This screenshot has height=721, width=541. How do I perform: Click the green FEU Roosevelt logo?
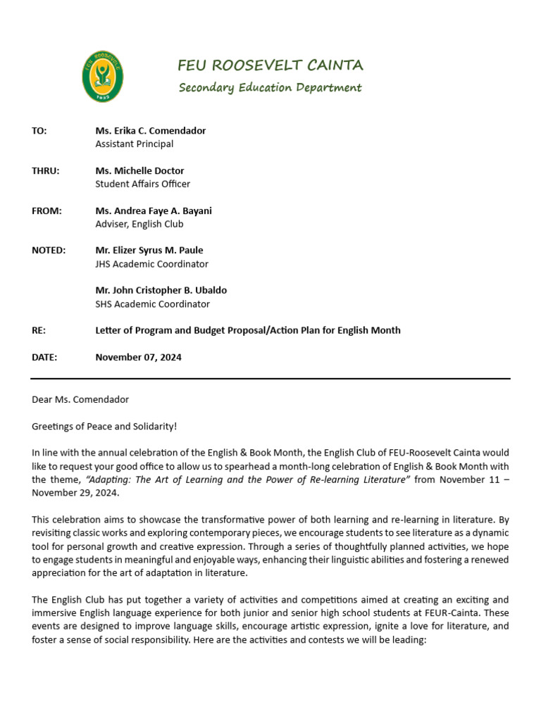pyautogui.click(x=103, y=77)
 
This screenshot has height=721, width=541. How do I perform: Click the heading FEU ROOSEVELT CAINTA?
pyautogui.click(x=270, y=65)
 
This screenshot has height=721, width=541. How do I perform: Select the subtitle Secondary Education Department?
pyautogui.click(x=270, y=88)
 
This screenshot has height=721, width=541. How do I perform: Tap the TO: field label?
pyautogui.click(x=39, y=131)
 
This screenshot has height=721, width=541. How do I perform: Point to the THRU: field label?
pyautogui.click(x=45, y=170)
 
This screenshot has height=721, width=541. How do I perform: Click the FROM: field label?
pyautogui.click(x=46, y=211)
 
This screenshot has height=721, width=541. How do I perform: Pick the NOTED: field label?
pyautogui.click(x=49, y=250)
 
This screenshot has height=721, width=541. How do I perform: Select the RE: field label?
pyautogui.click(x=39, y=330)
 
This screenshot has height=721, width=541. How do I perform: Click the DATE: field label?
pyautogui.click(x=44, y=357)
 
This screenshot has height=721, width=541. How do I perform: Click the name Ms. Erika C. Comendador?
pyautogui.click(x=151, y=131)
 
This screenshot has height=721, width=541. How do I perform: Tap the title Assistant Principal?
pyautogui.click(x=134, y=144)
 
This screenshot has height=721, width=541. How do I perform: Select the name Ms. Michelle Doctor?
pyautogui.click(x=139, y=170)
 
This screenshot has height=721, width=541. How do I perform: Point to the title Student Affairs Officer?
pyautogui.click(x=143, y=184)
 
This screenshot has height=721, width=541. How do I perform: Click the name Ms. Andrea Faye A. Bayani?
pyautogui.click(x=154, y=211)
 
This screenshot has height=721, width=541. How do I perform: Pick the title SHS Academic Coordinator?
pyautogui.click(x=152, y=304)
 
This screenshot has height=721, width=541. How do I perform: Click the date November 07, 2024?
pyautogui.click(x=138, y=357)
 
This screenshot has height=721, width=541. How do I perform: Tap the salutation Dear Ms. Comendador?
pyautogui.click(x=80, y=399)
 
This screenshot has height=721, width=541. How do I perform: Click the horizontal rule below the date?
pyautogui.click(x=270, y=379)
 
